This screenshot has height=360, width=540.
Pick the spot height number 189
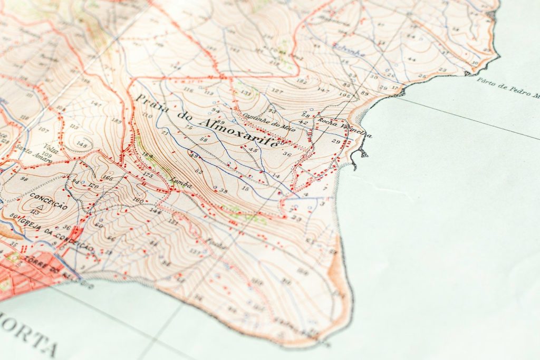117,122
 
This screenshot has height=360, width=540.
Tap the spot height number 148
81,143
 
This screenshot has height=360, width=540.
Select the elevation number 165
108,178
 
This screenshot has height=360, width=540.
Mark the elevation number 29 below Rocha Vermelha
336,141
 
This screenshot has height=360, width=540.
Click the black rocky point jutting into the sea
362,153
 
